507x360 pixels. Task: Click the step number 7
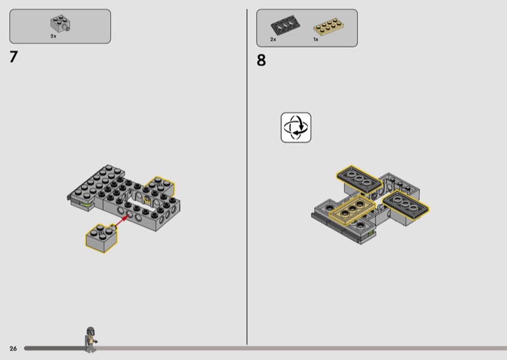13,57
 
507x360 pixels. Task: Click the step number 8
261,60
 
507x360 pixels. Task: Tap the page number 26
13,349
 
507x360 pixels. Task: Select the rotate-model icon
296,127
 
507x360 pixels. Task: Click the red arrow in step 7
122,221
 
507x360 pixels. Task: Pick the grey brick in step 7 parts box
60,24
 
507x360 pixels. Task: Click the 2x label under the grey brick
53,36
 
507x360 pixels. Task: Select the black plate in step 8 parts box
285,25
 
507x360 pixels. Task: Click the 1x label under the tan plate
316,39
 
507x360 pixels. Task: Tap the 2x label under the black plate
273,39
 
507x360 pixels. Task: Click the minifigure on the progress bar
91,340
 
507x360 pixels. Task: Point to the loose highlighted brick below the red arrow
101,238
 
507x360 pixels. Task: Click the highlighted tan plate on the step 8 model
352,210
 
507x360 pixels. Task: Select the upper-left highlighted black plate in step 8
359,179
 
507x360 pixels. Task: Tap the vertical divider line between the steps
247,177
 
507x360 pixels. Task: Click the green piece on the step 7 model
86,205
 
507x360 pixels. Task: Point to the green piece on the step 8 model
371,232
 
